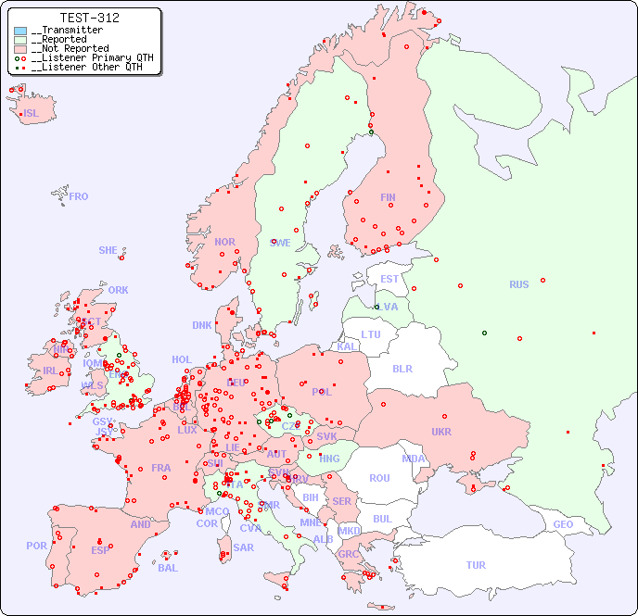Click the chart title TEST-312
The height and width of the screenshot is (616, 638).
tap(89, 18)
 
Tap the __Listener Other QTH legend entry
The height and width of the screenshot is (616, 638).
tap(84, 67)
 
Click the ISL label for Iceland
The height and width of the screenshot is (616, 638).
tap(32, 114)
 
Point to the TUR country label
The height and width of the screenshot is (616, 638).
tap(476, 565)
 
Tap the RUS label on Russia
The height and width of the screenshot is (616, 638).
tap(518, 284)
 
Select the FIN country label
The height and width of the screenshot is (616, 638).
tap(388, 197)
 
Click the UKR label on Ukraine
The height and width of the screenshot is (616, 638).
tap(441, 432)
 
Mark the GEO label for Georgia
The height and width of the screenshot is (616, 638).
tap(563, 524)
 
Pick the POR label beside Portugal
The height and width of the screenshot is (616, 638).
tap(36, 546)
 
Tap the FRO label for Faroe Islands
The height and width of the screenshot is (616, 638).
tap(79, 196)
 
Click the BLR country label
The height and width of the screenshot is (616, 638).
tap(402, 368)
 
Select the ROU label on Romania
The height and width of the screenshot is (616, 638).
tap(379, 478)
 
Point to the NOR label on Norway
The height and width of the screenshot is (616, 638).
tap(224, 242)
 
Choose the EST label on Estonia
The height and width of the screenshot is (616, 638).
tap(389, 279)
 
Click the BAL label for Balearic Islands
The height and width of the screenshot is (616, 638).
tap(168, 568)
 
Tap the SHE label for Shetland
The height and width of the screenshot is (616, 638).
tap(108, 250)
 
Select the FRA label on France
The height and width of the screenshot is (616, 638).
tap(161, 468)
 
